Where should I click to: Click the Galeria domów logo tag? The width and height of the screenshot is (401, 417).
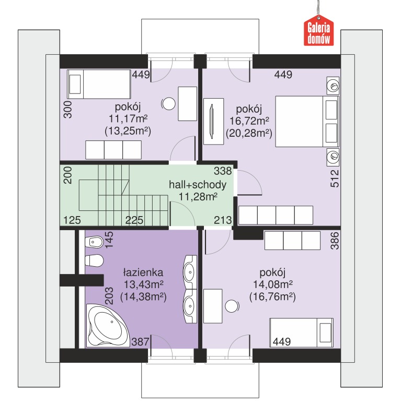(319, 31)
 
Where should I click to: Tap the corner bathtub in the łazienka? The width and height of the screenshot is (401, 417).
(108, 326)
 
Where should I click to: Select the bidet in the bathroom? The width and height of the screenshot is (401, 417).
(94, 242)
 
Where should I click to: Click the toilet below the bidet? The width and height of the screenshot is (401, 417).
(94, 260)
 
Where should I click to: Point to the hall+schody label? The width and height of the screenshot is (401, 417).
(198, 185)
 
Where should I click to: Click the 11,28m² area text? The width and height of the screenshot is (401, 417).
(198, 197)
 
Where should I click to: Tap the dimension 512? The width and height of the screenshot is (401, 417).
(335, 178)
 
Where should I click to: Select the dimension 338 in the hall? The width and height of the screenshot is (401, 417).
(223, 171)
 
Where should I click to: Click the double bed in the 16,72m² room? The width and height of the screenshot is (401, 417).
(307, 122)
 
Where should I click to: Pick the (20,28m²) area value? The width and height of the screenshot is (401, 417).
(249, 133)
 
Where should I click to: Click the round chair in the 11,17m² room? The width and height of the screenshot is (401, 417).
(168, 104)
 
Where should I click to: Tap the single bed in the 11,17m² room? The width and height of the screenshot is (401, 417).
(99, 85)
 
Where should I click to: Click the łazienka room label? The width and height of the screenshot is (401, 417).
(143, 272)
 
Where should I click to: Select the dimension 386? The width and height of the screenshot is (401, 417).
(335, 241)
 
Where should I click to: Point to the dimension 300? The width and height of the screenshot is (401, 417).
(68, 109)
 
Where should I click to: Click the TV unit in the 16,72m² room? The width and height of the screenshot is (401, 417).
(213, 122)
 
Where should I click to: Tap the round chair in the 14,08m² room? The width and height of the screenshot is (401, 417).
(232, 306)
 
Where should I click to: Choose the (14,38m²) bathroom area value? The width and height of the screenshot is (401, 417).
(143, 297)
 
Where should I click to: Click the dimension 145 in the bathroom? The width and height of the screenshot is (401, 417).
(109, 240)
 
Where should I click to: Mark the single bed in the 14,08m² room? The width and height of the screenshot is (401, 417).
(301, 332)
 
